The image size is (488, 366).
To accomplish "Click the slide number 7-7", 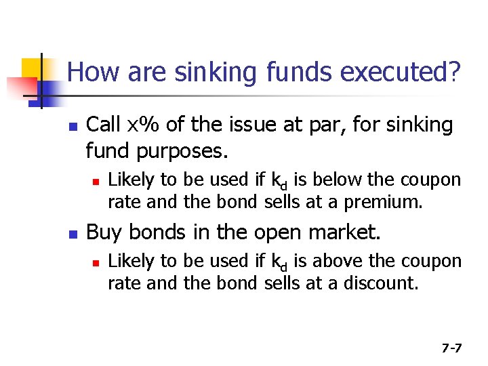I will tap(451, 348).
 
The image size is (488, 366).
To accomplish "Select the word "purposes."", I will tap(179, 150).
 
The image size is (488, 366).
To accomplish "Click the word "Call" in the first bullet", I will tap(104, 125).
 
